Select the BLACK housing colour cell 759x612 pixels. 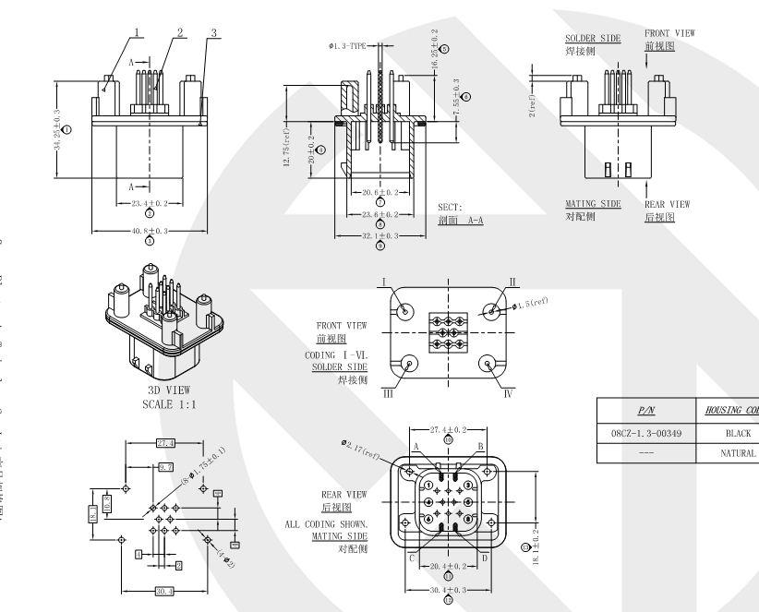coord(737,432)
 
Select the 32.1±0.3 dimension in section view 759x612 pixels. coord(379,235)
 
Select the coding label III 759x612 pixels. coord(387,391)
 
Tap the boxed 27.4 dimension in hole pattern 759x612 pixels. coord(166,443)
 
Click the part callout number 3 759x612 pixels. coord(213,33)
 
